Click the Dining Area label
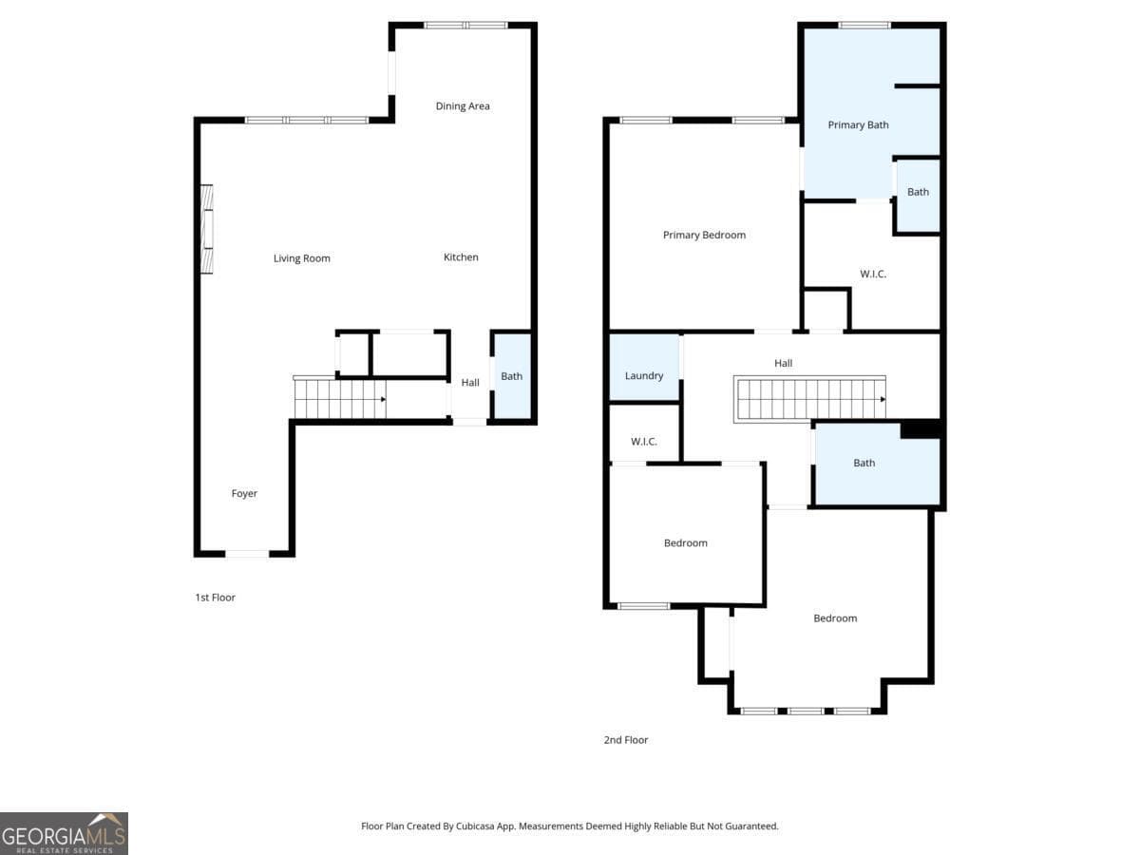point(463,105)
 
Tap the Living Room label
point(302,258)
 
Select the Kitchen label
point(461,256)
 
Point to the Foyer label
point(244,493)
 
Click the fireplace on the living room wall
point(207,228)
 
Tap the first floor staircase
point(340,398)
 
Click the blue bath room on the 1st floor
point(511,376)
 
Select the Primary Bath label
point(858,124)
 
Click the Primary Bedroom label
point(704,235)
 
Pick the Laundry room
point(644,367)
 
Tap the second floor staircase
point(809,398)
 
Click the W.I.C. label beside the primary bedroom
point(872,274)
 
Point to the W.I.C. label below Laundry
point(643,441)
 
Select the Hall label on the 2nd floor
point(783,363)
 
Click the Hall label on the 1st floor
point(470,383)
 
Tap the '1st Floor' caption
point(215,598)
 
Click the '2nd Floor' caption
point(626,740)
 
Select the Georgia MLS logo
point(64,833)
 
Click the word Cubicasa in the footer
point(475,826)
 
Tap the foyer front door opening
point(247,554)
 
